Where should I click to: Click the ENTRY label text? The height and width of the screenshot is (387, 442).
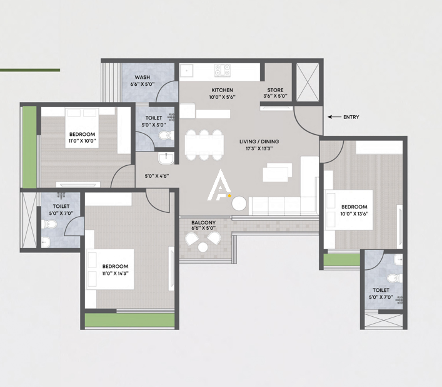pos(351,117)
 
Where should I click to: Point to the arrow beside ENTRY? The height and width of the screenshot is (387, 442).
pos(334,117)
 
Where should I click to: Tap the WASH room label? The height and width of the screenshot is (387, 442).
pos(143,77)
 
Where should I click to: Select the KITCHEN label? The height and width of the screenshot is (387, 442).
pos(222,90)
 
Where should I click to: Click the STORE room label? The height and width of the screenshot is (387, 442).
pos(276,90)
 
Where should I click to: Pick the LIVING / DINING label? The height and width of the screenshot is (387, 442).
pos(259,142)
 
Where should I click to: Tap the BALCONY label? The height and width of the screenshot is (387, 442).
pos(204,222)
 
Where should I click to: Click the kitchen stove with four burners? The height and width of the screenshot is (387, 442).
pos(223,70)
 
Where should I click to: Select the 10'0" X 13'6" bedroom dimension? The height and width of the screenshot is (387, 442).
pos(354,213)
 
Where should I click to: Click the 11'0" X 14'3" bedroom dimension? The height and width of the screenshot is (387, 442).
pos(116,272)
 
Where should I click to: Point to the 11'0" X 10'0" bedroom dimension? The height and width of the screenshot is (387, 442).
pos(82,141)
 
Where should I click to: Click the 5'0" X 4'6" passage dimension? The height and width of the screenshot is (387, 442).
pos(157,177)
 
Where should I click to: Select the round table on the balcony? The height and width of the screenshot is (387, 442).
pos(203,247)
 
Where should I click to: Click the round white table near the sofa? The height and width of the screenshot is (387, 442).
pos(240,203)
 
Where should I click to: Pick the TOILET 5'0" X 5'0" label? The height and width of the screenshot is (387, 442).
pos(154,121)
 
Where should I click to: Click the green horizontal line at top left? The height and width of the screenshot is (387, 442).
pos(30,70)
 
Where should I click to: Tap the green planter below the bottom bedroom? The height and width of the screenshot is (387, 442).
pos(129,320)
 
